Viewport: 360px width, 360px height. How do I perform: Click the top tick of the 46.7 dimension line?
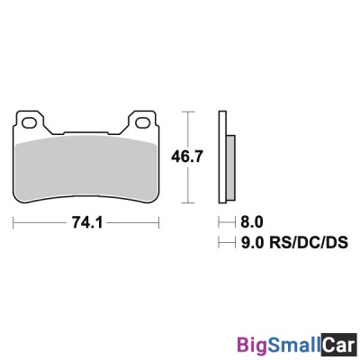pyautogui.click(x=187, y=112)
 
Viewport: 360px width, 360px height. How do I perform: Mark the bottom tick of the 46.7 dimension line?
pyautogui.click(x=187, y=200)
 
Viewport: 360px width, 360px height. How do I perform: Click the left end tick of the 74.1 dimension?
pyautogui.click(x=13, y=220)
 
